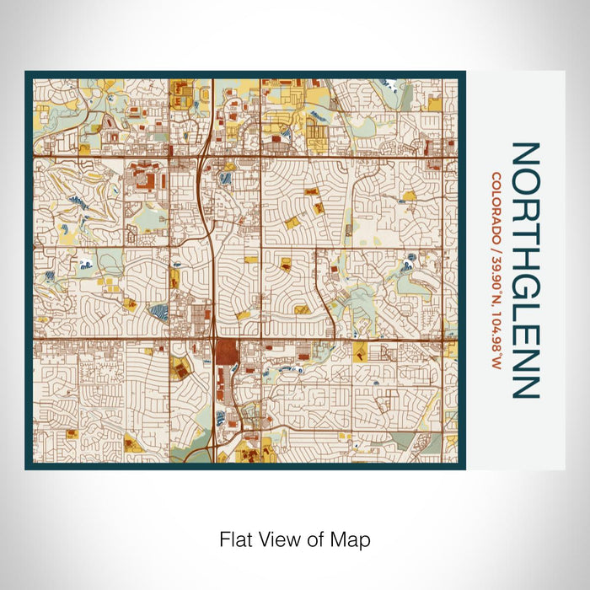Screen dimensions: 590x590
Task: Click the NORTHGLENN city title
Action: tap(524, 270)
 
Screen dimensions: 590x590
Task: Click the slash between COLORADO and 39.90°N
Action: tap(497, 249)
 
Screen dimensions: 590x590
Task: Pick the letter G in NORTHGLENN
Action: tap(524, 280)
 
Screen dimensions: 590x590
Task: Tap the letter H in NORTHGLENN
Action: tap(524, 252)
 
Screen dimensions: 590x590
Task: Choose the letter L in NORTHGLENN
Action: tap(524, 304)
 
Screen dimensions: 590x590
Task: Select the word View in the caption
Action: tap(273, 539)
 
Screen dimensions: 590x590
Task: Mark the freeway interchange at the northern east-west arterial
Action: tap(205, 155)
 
